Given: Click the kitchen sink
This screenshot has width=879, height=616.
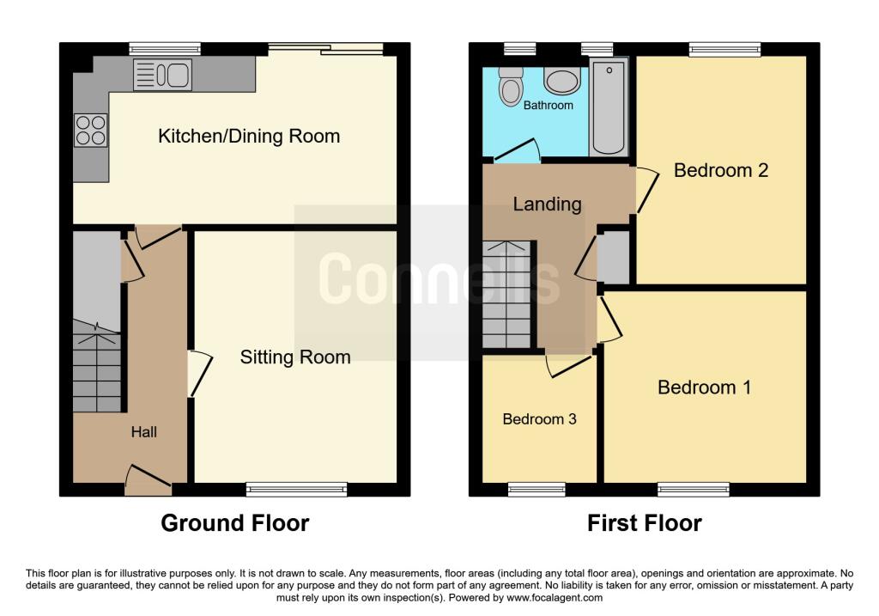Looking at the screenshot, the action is coord(162,75).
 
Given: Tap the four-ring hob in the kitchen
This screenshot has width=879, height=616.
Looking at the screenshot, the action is coord(90,130).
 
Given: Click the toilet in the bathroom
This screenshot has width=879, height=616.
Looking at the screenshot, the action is coord(511,87).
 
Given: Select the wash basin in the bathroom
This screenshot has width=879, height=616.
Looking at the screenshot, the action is coord(561,81).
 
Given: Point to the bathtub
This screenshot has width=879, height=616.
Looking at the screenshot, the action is coord(609,107).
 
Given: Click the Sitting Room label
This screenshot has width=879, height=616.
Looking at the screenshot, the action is coord(295,357).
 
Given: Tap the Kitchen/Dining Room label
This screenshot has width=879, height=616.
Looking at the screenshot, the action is coord(249,137).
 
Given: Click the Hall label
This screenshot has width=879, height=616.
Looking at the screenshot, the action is coord(144,432).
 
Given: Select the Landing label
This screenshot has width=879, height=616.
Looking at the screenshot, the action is coord(547,204).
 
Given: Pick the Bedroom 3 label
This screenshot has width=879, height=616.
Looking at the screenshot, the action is coord(539,419).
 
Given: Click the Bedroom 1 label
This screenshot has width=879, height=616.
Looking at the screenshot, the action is coord(704,387).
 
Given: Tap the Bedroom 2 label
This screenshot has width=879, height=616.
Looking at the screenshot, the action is coord(721,170).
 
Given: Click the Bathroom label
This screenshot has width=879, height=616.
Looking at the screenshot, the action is coord(549,105).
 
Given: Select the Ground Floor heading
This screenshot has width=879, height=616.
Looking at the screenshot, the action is coord(235,523).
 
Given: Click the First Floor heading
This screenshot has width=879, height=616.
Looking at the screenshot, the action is coord(644,523).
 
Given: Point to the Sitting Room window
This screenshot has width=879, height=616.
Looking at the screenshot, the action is coord(296,490).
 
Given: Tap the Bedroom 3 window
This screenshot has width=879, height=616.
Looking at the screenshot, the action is coord(536,490).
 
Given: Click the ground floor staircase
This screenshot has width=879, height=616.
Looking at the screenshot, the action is coord(97,366).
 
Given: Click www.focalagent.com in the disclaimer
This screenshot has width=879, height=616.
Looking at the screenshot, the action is coord(555,597).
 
